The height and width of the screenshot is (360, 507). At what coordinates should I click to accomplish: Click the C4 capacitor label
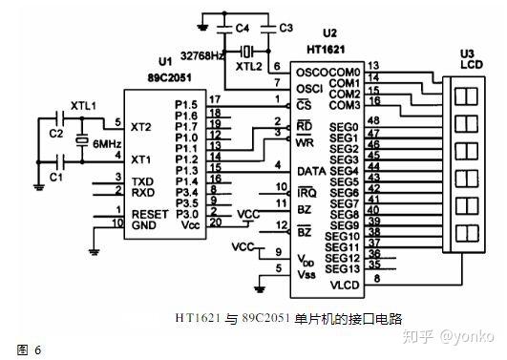(243, 29)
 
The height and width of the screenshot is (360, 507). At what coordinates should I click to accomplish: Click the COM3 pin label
(345, 106)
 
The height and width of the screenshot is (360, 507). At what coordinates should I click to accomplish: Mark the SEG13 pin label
(343, 269)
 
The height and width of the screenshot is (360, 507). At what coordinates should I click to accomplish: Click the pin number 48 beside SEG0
(373, 119)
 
